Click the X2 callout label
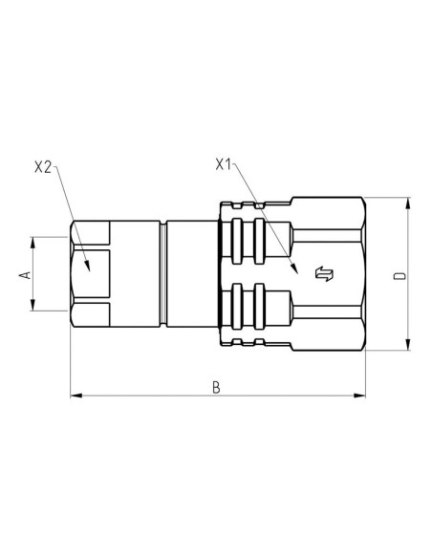(x=42, y=166)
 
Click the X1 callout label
(x=225, y=164)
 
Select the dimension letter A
(x=26, y=274)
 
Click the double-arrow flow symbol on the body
(x=324, y=274)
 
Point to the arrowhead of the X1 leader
(x=297, y=270)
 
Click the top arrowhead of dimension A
(x=35, y=242)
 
